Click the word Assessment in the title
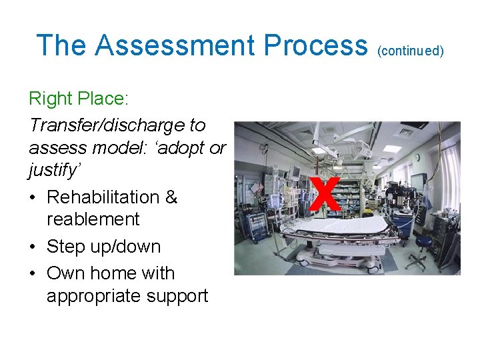(x=175, y=45)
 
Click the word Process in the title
(x=315, y=45)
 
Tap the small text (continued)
(x=410, y=51)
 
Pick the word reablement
(x=93, y=219)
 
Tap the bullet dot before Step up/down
(x=33, y=247)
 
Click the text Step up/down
(x=103, y=247)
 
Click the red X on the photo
(x=324, y=194)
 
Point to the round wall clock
(x=417, y=157)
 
